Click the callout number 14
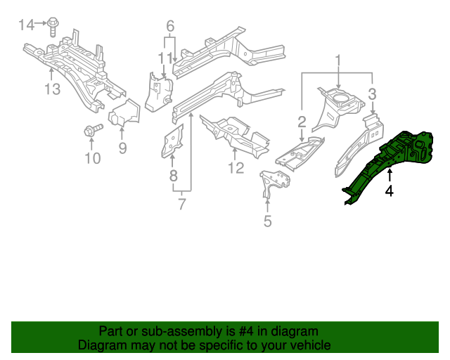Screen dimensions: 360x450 click(26, 25)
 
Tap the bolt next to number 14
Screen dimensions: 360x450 click(53, 27)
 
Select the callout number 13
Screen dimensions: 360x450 click(53, 89)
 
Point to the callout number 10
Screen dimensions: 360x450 click(93, 158)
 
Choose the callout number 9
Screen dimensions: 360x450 click(122, 148)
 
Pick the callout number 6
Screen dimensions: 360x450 click(169, 26)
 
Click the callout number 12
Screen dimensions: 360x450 click(236, 168)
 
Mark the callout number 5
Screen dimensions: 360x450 click(267, 222)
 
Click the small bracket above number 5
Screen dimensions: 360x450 click(271, 181)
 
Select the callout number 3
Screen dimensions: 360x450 click(373, 93)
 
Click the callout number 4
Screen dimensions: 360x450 click(389, 190)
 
